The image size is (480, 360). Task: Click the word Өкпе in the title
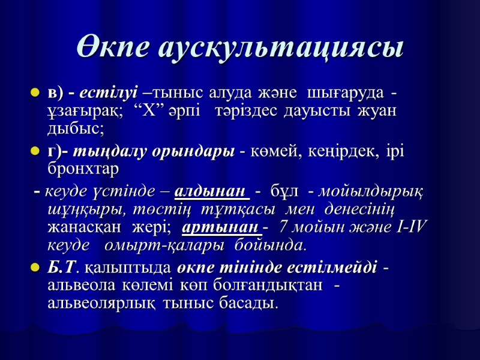(112, 47)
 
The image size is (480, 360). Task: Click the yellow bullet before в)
(34, 94)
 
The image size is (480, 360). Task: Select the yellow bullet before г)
(34, 152)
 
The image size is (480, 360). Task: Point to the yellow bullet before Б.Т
(34, 268)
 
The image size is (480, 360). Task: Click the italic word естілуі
(110, 94)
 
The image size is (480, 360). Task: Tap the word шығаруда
(345, 94)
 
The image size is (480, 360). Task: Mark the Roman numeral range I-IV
(410, 228)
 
